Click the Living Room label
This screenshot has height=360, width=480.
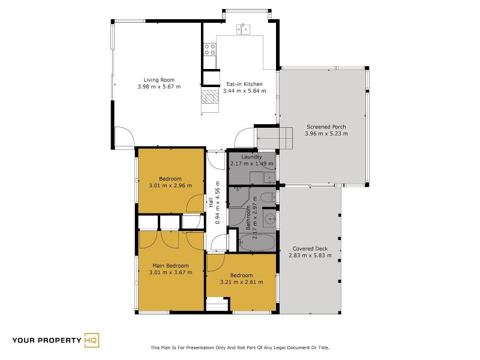pos(159,80)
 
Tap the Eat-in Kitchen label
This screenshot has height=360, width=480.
pos(244,84)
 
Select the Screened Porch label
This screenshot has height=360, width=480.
pos(326,127)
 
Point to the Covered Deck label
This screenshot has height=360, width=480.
pos(310,248)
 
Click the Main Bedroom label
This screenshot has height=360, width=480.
pos(170,266)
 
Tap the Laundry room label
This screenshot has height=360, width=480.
pos(251,157)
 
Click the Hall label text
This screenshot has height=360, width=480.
pos(211,202)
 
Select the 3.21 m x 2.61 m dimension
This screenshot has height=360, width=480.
pos(242,282)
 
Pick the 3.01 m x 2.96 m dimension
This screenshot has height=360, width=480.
pos(170,185)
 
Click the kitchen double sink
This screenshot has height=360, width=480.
pos(244,29)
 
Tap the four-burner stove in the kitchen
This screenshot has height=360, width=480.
pos(210,49)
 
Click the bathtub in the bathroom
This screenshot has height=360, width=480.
pos(257,242)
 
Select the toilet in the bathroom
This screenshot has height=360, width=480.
pos(269,197)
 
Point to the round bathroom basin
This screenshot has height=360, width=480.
pos(270,219)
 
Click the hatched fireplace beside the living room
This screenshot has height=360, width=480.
pos(210,97)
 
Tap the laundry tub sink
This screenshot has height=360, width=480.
pos(269,178)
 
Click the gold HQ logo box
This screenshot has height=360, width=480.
pos(92,340)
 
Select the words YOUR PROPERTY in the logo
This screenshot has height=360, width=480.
pos(47,340)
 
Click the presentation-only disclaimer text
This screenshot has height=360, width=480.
pos(239,347)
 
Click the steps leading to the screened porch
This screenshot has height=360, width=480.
pos(275,138)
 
